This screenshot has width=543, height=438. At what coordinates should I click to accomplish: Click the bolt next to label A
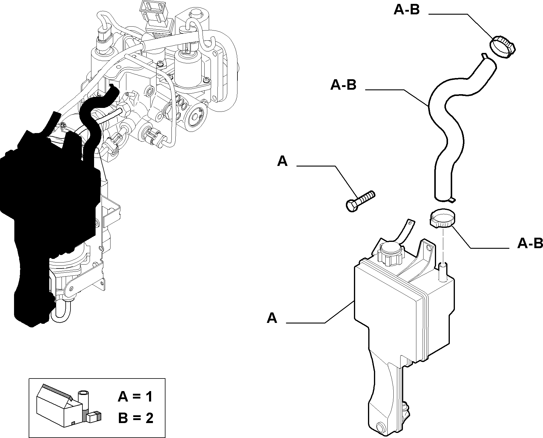(x=360, y=201)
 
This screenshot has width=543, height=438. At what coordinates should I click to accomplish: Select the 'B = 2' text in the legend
(x=136, y=417)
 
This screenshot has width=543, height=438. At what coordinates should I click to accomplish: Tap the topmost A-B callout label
(x=407, y=10)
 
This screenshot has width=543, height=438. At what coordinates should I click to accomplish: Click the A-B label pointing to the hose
(x=343, y=85)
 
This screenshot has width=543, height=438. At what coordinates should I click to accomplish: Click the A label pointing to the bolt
(x=282, y=161)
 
